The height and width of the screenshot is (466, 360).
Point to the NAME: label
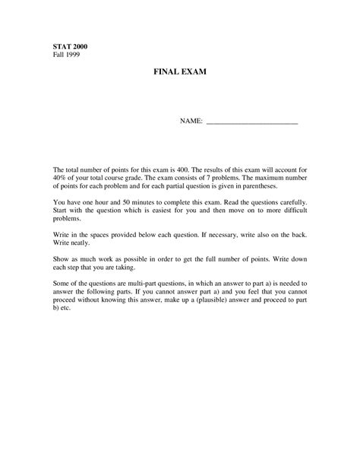(x=191, y=122)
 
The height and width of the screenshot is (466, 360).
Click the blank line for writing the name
(x=252, y=122)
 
